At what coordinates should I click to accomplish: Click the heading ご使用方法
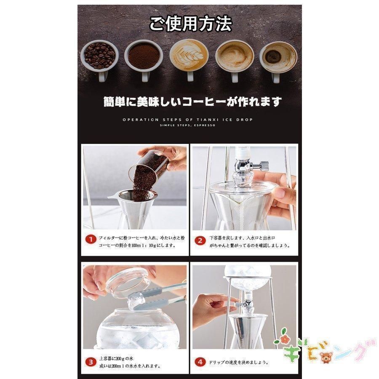[x=190, y=24]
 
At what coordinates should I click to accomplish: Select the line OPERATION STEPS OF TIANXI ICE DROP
[x=187, y=120]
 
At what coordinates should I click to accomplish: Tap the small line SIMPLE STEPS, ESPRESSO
[x=187, y=125]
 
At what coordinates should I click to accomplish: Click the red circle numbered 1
[x=90, y=240]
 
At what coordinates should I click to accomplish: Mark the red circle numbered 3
[x=90, y=361]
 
